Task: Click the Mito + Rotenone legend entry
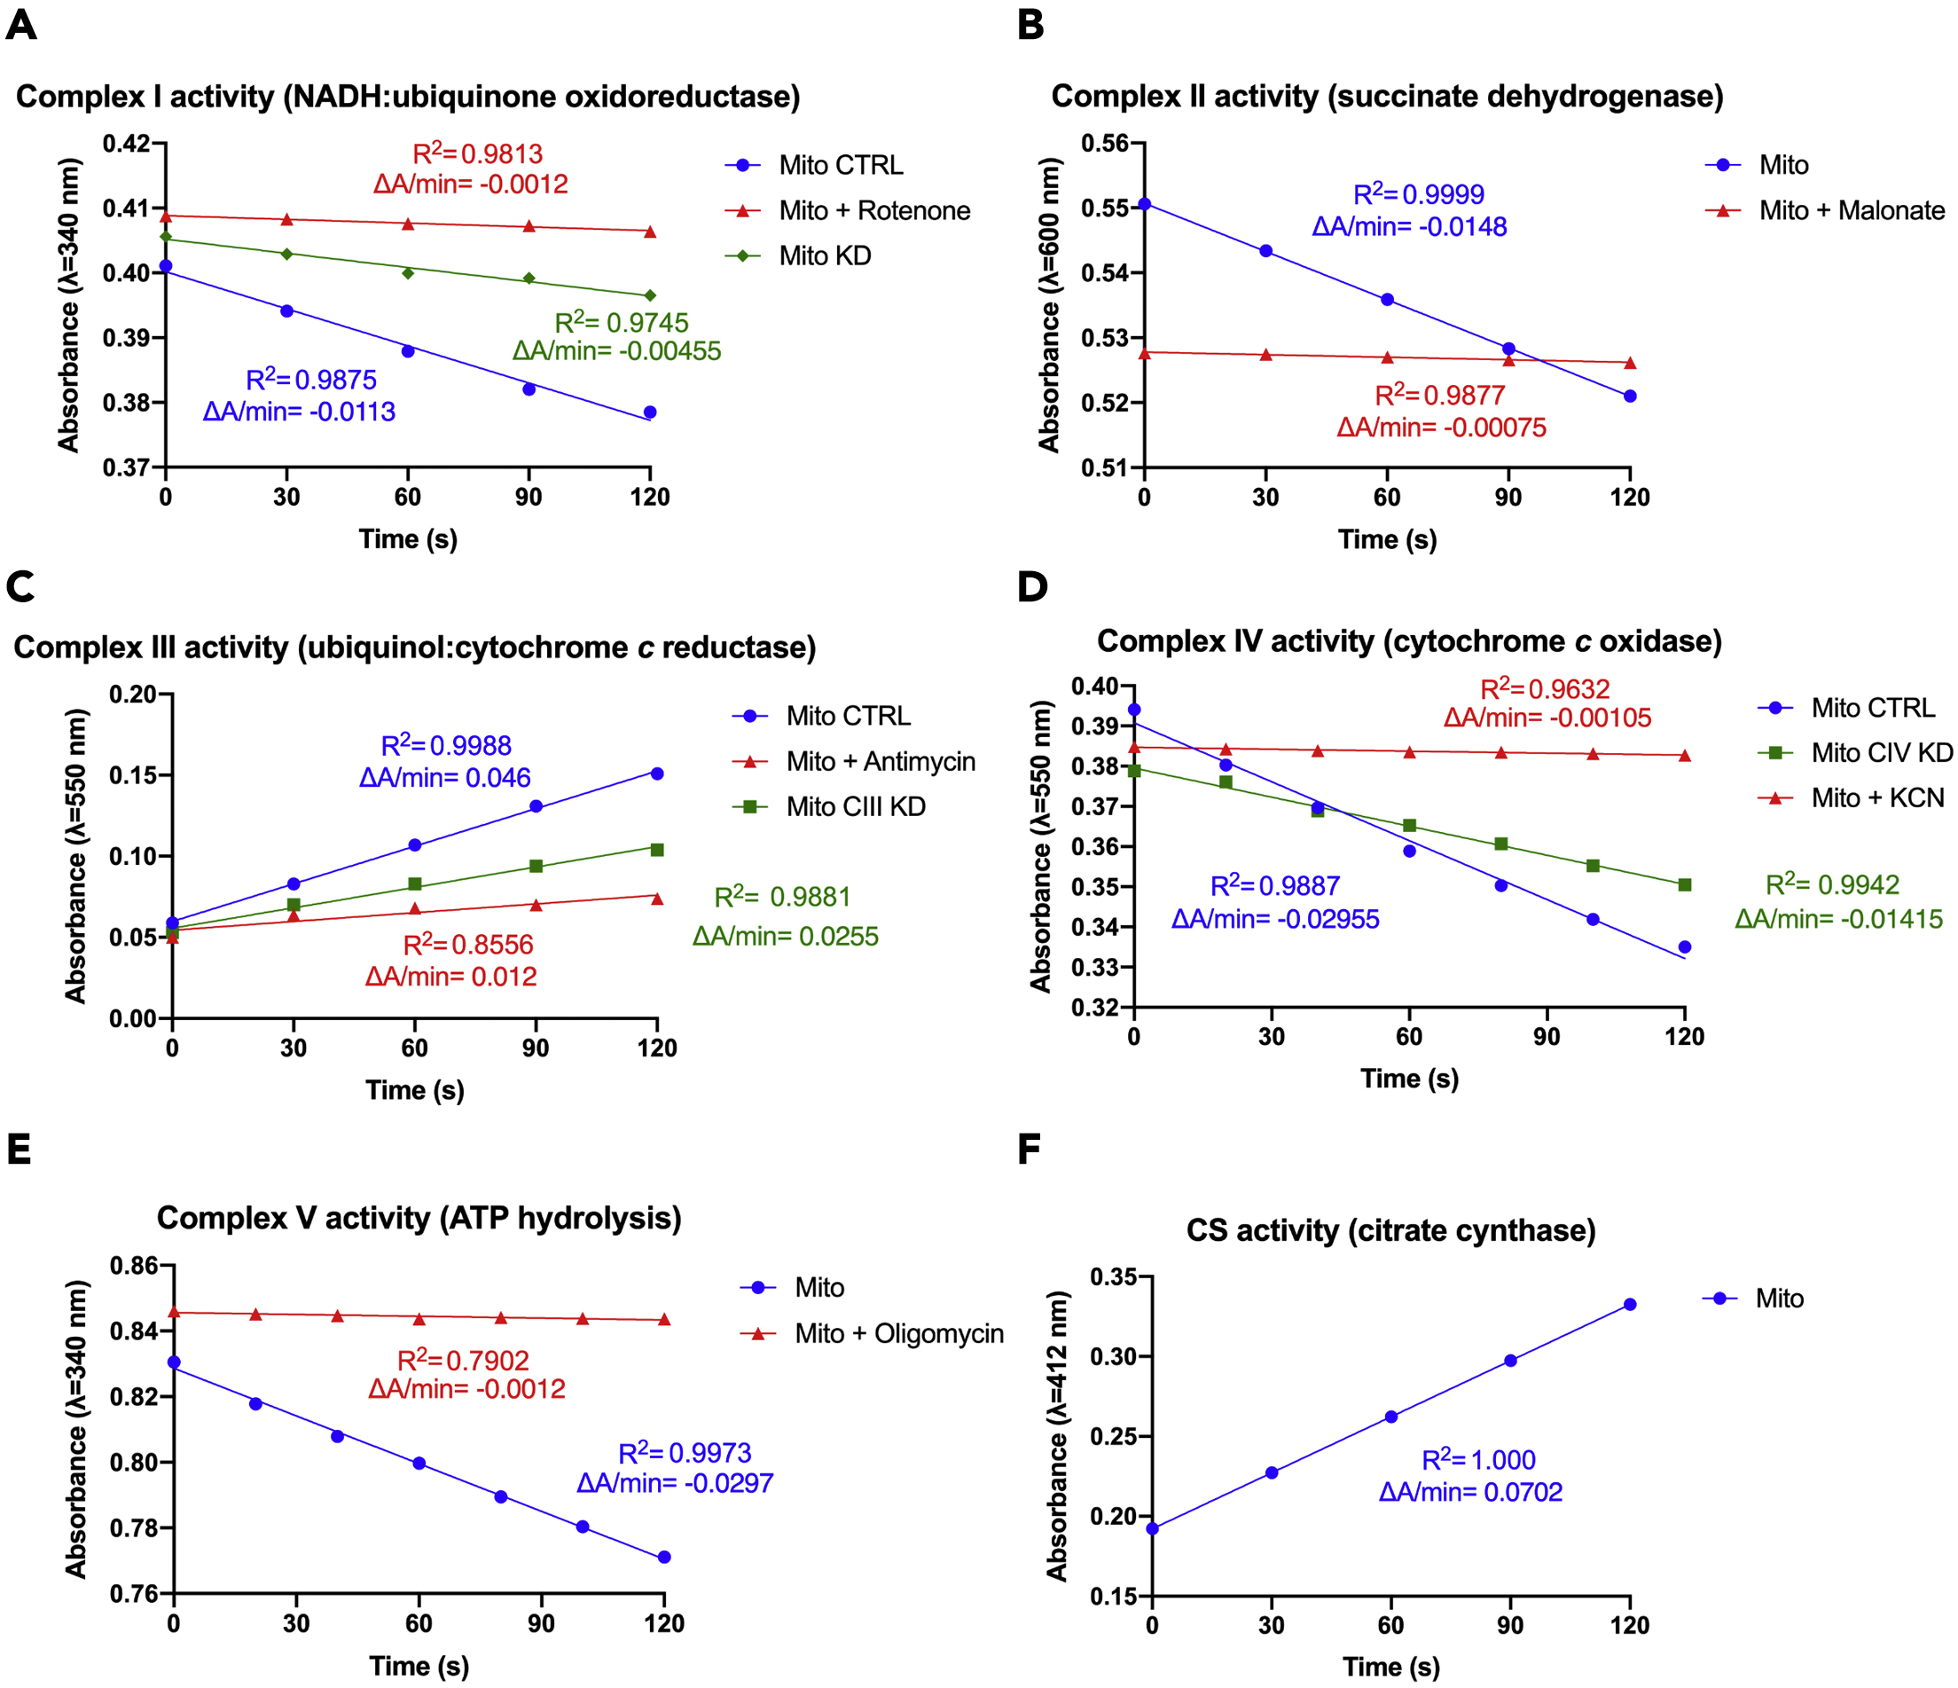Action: coord(873,211)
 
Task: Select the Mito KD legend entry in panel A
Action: coord(824,256)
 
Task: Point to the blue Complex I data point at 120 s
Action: coord(650,412)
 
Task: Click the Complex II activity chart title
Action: coord(1387,97)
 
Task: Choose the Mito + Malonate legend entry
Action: coord(1851,211)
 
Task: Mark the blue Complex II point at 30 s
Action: coord(1266,250)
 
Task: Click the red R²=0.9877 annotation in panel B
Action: coord(1439,395)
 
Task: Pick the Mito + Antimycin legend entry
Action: coord(880,762)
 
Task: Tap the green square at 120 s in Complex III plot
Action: coord(658,850)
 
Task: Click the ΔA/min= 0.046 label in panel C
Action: coord(445,778)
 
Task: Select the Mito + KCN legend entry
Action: coord(1876,798)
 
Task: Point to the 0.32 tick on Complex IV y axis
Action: coord(1093,1008)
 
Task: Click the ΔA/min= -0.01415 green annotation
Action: coord(1838,919)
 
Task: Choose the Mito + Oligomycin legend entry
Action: coord(897,1333)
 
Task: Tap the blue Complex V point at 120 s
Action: coord(664,1557)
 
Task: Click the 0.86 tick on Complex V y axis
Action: coord(134,1266)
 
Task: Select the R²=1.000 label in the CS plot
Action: coord(1478,1460)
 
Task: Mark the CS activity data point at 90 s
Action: coord(1510,1360)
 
